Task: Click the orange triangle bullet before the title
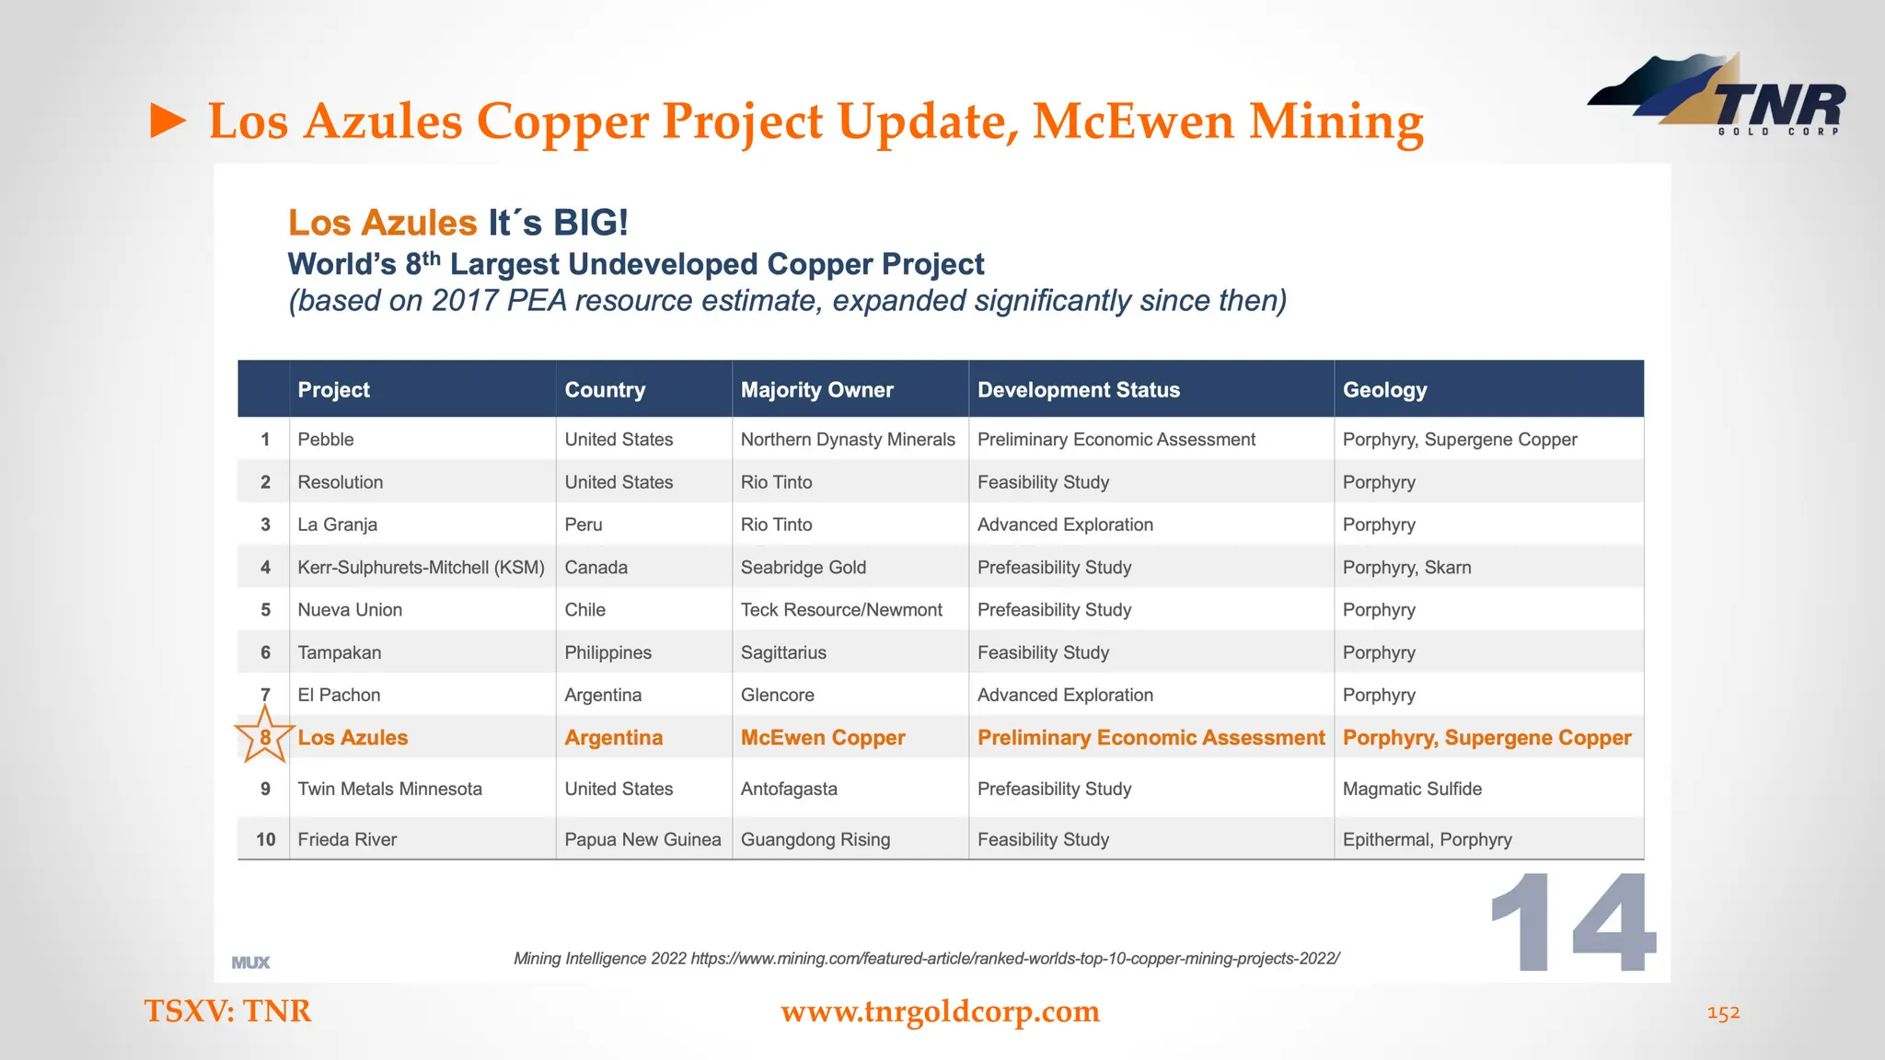168,121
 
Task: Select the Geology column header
1384,390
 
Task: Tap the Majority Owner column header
816,390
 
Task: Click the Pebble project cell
326,440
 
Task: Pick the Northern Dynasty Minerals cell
848,440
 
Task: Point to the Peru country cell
584,524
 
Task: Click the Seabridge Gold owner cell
803,568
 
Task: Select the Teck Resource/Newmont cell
841,610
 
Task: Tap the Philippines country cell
607,652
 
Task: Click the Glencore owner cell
777,696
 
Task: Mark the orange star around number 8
264,736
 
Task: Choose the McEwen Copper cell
823,738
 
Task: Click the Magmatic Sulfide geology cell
1412,789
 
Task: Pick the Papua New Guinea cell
642,839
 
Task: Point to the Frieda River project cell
347,839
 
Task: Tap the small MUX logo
250,962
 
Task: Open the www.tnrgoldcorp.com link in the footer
940,1011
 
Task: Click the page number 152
1723,1013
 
